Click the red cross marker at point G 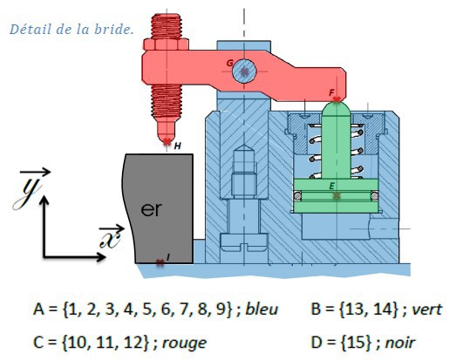[245, 71]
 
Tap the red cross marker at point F [337, 99]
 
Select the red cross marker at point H [167, 142]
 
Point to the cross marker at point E [337, 195]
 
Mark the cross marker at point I [160, 263]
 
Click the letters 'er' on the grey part [151, 209]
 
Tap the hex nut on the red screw [166, 44]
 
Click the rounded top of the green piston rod [337, 108]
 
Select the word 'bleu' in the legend [262, 309]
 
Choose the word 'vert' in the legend [427, 309]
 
